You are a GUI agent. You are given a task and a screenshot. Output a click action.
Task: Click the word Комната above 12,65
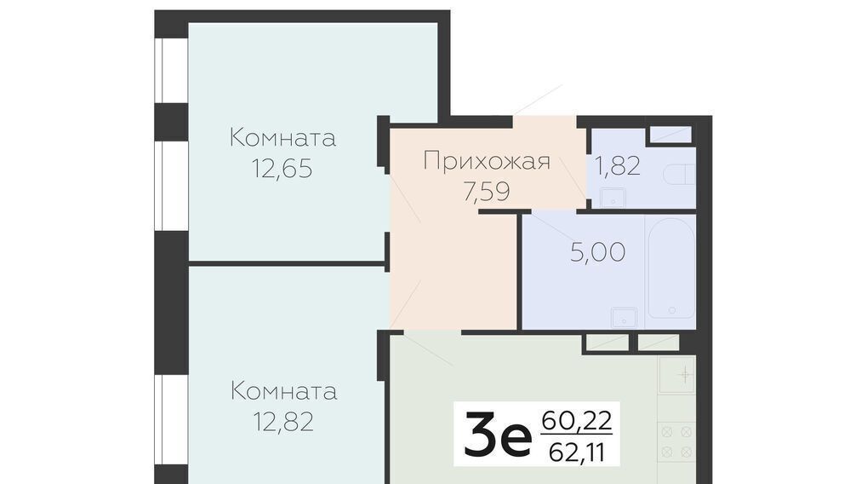[282, 137]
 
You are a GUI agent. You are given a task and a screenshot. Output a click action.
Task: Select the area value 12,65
[282, 168]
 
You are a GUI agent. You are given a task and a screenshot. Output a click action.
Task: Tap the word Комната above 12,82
[283, 391]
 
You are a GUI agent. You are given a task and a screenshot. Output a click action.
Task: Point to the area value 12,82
[283, 422]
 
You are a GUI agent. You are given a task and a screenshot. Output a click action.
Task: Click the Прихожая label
[487, 162]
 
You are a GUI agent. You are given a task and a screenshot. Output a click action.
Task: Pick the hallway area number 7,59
[487, 191]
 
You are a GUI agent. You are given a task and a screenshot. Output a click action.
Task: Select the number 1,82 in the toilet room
[618, 165]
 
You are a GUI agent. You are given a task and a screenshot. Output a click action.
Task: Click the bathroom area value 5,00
[598, 252]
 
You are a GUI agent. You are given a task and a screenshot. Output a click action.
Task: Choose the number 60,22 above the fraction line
[577, 421]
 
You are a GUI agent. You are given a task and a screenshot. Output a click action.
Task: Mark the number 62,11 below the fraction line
[577, 453]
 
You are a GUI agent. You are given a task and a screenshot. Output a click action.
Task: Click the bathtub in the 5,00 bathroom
[671, 268]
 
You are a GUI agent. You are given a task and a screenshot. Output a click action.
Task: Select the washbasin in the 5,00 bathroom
[625, 318]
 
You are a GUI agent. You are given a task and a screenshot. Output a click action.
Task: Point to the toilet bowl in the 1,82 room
[678, 175]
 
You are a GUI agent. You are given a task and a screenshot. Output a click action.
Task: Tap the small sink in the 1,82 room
[613, 198]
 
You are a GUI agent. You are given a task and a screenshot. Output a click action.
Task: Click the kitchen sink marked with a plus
[676, 375]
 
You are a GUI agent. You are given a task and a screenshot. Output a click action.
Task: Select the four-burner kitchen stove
[676, 442]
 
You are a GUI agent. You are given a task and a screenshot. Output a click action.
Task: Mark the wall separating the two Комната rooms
[288, 263]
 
